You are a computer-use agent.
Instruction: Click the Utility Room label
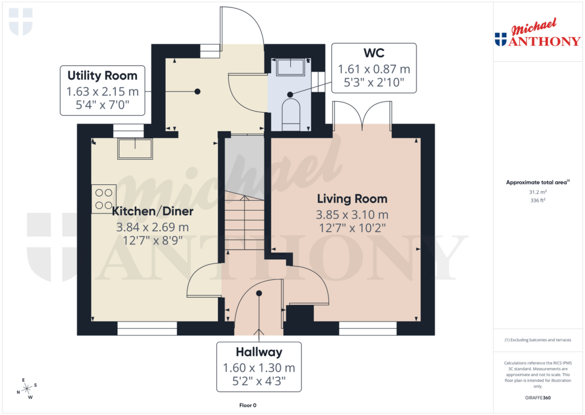(102, 76)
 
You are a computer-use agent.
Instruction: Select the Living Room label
(352, 199)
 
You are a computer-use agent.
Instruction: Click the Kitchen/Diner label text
(153, 211)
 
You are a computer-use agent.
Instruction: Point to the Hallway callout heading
(259, 352)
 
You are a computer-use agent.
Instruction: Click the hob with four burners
(104, 199)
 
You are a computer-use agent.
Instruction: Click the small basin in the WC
(290, 68)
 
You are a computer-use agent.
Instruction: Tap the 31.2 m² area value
(536, 193)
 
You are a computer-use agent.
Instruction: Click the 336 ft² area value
(536, 201)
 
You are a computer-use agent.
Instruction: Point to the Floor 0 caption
(248, 405)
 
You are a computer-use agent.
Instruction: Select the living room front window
(367, 328)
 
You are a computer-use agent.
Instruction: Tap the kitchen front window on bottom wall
(147, 328)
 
